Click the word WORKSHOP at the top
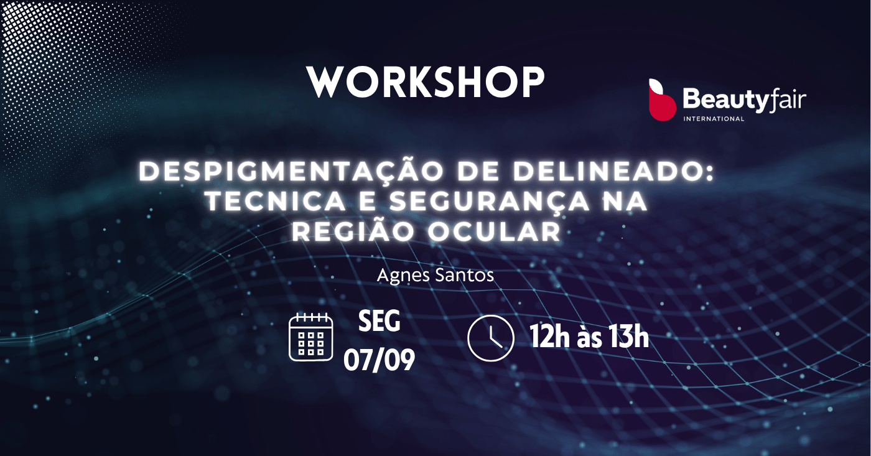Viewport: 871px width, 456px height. point(426,81)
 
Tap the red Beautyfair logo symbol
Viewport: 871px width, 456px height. point(662,100)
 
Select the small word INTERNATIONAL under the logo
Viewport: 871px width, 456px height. point(714,119)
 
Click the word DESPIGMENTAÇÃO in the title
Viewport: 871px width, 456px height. point(294,172)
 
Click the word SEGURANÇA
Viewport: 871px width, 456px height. point(490,202)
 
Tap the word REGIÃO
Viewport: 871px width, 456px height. point(353,231)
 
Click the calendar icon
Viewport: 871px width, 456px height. point(311,337)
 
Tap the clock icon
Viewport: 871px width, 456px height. point(491,338)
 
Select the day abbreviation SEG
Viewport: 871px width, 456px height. point(379,321)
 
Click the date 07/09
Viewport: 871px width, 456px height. point(379,360)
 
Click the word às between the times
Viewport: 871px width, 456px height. point(590,338)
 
